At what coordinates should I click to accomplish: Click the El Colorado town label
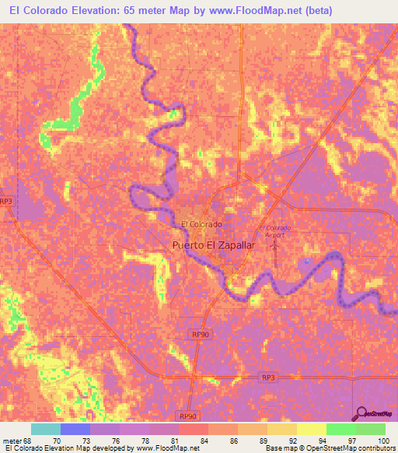tap(201, 224)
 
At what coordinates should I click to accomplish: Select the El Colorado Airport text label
tap(274, 230)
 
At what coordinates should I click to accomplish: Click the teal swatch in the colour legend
tap(46, 429)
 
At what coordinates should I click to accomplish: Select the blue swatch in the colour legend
tap(75, 429)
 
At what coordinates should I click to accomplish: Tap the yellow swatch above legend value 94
tap(312, 429)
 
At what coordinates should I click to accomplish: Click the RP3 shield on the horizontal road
tap(267, 376)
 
